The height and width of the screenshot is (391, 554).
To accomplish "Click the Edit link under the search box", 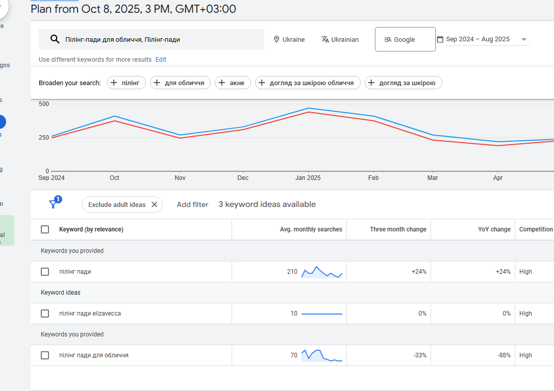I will coord(161,60).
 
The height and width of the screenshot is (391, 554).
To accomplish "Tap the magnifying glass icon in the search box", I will coord(55,39).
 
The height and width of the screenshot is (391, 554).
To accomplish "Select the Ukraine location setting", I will coord(289,39).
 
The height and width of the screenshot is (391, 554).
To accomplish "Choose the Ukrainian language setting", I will coord(340,39).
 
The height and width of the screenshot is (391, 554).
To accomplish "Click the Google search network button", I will coord(405,39).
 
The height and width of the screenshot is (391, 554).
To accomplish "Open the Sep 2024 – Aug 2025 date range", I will coord(482,39).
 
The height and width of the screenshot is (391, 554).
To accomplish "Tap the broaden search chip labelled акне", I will coord(233,83).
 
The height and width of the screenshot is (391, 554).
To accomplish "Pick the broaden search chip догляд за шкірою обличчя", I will coord(308,83).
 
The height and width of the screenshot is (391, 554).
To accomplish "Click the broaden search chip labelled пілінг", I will coord(127,83).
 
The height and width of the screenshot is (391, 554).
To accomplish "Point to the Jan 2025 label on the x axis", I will coord(308,178).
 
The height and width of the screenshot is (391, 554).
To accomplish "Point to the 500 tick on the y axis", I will coord(44,103).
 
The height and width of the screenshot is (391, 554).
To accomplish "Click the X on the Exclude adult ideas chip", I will coord(155,204).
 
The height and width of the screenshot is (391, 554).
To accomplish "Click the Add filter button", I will coord(192,204).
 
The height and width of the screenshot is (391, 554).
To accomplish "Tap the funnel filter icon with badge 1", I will coord(53,204).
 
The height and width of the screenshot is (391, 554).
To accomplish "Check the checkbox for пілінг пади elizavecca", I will coord(45,314).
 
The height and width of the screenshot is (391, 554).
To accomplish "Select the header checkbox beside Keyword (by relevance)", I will coord(45,229).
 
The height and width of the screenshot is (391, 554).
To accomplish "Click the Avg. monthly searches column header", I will coord(311,229).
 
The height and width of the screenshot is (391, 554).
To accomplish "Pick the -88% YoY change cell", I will coord(504,355).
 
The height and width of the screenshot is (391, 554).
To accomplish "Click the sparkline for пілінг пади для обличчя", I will coord(322,355).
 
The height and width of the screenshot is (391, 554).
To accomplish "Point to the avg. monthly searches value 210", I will coord(292,272).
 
